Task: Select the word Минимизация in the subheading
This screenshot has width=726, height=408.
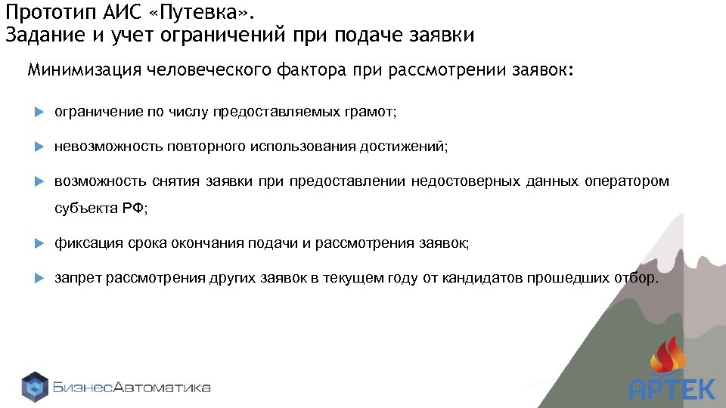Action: click(85, 71)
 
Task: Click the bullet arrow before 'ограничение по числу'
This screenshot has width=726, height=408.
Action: click(41, 112)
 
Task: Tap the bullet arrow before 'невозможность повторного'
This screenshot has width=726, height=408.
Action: click(41, 147)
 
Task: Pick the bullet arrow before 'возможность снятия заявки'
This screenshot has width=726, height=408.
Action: click(41, 181)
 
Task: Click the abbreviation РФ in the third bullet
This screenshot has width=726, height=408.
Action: click(133, 209)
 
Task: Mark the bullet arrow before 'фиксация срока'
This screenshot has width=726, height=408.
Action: click(41, 243)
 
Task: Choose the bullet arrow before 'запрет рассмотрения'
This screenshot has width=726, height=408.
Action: click(41, 278)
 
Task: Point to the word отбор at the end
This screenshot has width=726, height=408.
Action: click(638, 278)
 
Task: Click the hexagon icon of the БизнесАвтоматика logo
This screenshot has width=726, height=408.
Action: click(35, 387)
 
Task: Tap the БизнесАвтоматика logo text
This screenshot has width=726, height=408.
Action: click(132, 388)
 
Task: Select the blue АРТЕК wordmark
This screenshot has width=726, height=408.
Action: click(672, 389)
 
